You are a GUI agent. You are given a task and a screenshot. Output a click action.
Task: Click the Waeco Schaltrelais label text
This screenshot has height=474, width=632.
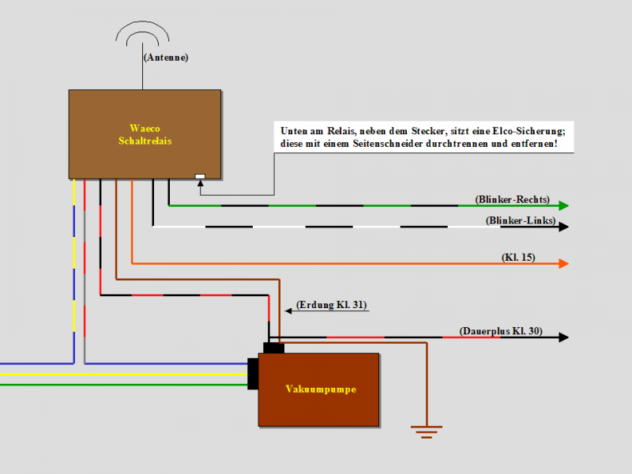tap(145, 134)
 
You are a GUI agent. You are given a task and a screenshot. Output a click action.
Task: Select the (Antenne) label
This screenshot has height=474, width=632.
tap(166, 58)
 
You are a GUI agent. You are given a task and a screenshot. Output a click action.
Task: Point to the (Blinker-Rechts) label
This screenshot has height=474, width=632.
tap(512, 199)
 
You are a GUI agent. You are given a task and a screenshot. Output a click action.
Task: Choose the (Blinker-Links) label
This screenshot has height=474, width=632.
tap(520, 220)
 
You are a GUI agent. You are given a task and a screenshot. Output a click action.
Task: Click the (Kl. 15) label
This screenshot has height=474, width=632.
tap(518, 258)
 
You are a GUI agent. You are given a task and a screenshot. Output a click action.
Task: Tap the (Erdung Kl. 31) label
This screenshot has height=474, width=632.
tap(332, 304)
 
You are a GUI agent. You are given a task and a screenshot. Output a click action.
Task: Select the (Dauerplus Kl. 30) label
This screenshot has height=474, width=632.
tap(500, 331)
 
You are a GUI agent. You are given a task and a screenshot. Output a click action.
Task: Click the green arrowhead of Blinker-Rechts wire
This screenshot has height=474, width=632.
tap(563, 205)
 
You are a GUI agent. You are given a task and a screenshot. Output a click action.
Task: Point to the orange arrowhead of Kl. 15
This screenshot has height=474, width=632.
tap(563, 263)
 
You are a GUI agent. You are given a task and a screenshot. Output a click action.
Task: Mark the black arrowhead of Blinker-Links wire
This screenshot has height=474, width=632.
tap(563, 227)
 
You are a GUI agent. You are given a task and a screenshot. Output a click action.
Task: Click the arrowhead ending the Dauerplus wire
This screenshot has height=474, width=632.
tap(563, 337)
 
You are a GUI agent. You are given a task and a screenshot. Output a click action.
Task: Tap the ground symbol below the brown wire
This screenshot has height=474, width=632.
tap(426, 431)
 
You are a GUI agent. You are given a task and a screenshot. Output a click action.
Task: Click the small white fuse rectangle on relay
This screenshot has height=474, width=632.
tap(200, 175)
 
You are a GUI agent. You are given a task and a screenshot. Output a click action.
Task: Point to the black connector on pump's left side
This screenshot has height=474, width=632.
tap(253, 374)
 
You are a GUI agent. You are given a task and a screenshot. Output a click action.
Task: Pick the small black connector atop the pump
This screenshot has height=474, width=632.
tap(273, 348)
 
